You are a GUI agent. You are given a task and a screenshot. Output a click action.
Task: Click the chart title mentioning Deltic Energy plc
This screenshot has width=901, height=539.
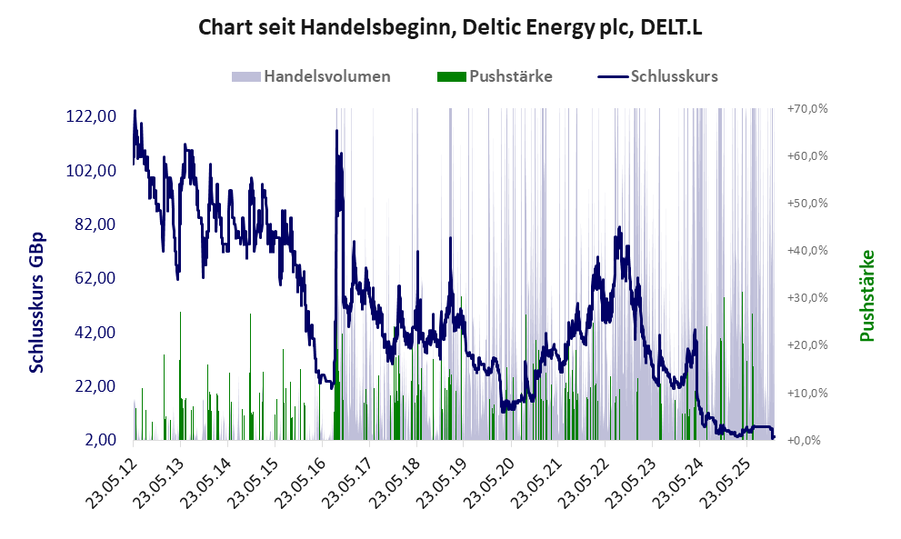pos(450,28)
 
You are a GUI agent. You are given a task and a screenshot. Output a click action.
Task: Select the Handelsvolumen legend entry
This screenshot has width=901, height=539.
pos(326,76)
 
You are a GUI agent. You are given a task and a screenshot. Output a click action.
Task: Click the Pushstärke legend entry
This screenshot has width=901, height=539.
pos(510,76)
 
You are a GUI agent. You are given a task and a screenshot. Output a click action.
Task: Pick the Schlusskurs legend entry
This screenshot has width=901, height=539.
pos(674,76)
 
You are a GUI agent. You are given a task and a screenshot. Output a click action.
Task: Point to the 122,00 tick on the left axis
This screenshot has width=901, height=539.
pos(90,116)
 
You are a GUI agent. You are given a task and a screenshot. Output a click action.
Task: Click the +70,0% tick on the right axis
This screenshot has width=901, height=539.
pos(807,109)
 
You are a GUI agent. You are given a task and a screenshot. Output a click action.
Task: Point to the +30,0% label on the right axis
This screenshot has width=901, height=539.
pos(807,298)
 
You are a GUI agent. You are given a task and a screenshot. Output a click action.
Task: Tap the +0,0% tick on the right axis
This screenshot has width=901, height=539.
pos(807,441)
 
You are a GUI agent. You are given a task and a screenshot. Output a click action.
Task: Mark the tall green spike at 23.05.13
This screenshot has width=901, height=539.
pos(180,314)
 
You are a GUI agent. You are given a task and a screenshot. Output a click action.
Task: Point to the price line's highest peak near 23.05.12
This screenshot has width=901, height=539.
pos(135,111)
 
